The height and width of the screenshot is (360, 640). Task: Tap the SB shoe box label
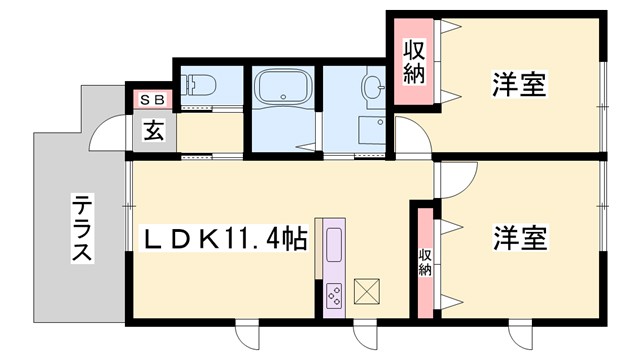tap(153, 99)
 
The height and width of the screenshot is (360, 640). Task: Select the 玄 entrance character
tap(153, 130)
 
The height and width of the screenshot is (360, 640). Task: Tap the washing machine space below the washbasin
tap(371, 131)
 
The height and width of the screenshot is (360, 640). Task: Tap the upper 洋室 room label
tap(519, 85)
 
